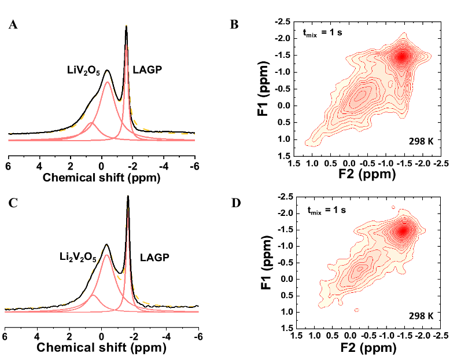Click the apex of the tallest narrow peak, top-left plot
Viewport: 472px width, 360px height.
point(127,45)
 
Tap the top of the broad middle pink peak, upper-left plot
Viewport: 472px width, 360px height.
point(107,83)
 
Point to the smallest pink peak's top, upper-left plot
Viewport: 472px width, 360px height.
point(91,123)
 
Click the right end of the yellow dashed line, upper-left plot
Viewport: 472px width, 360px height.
point(194,134)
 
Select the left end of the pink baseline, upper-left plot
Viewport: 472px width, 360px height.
point(9,140)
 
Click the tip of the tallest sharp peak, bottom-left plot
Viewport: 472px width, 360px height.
point(127,207)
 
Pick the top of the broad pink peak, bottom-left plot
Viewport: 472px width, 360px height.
point(106,255)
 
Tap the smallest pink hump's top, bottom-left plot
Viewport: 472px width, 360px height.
point(94,296)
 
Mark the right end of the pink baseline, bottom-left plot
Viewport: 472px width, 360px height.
point(198,312)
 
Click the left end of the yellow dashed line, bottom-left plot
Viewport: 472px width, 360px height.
point(6,308)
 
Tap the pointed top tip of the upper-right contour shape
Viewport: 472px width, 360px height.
point(405,34)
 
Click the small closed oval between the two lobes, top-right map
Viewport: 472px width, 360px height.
point(391,84)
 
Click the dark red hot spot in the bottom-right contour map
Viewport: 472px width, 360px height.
point(401,231)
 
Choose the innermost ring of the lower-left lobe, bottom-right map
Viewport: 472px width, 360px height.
point(359,267)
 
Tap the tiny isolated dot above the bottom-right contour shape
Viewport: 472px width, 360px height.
point(393,207)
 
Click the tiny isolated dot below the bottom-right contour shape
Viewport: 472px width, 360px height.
point(357,311)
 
